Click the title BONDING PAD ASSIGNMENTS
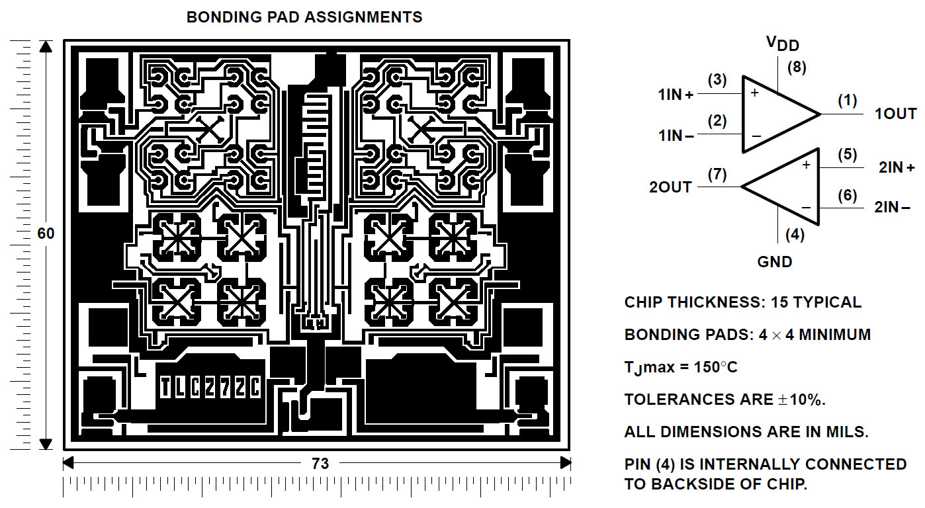(304, 17)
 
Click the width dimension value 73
(320, 464)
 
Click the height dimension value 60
(46, 234)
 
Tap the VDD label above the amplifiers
(783, 44)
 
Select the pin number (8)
(797, 67)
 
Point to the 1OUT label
(895, 114)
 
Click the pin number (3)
(717, 81)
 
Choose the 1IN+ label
(676, 95)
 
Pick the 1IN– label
(676, 136)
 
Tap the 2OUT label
(670, 187)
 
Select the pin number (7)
(717, 175)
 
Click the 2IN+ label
(896, 167)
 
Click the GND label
(775, 262)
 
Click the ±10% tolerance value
(800, 400)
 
